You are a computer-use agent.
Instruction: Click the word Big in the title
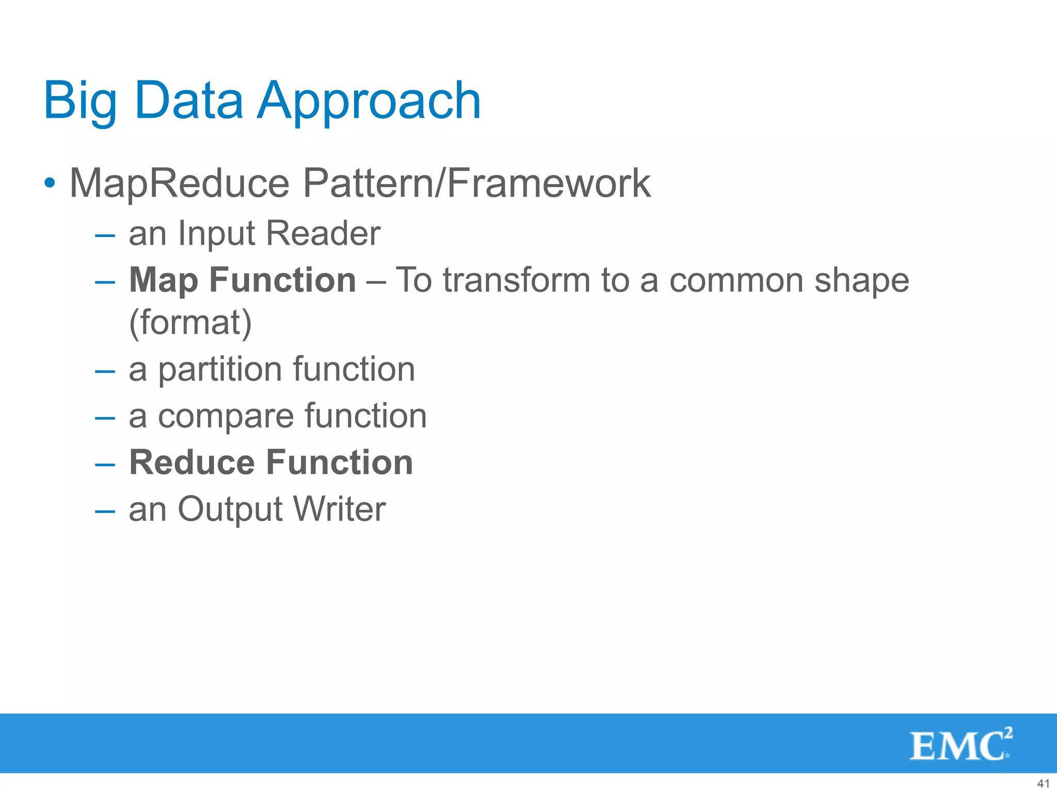pos(80,101)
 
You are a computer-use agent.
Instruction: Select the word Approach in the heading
pos(369,101)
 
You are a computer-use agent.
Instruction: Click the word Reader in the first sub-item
pos(323,233)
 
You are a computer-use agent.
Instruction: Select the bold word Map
pos(163,280)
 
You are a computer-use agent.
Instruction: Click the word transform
pos(516,280)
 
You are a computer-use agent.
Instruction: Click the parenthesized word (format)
pos(190,323)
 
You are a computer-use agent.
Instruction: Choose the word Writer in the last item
pos(339,509)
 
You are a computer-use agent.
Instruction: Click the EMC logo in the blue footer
pos(960,744)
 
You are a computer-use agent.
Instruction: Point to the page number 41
pos(1043,783)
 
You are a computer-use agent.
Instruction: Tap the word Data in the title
pos(188,101)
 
